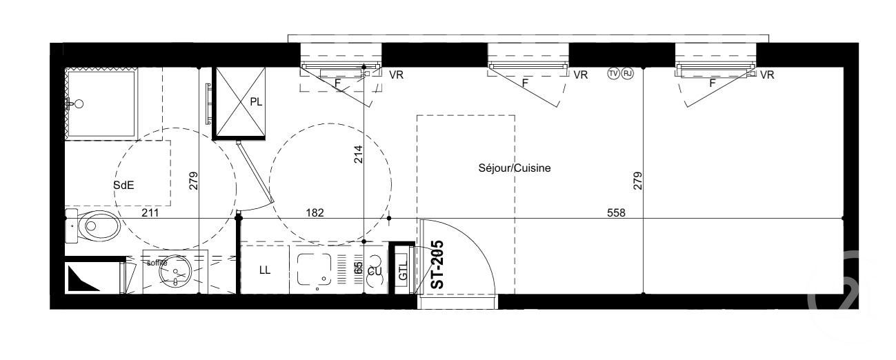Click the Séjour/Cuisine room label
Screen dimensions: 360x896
point(514,168)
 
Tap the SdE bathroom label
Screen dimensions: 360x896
point(123,185)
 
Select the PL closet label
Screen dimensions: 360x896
point(256,102)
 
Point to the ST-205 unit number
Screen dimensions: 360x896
point(437,264)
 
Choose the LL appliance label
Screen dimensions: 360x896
point(265,270)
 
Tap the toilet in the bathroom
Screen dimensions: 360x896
point(94,225)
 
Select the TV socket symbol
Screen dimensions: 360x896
point(613,73)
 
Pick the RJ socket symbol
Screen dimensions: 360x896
point(627,73)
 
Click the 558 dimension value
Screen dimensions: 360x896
point(617,213)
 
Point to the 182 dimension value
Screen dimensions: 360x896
point(315,213)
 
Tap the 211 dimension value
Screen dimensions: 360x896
point(150,213)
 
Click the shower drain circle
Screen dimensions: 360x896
point(79,104)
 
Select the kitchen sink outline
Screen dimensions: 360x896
point(315,269)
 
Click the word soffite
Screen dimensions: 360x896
point(157,262)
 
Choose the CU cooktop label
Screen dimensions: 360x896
point(375,271)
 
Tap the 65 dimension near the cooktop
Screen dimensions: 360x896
point(358,268)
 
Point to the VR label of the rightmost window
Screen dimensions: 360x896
point(766,75)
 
